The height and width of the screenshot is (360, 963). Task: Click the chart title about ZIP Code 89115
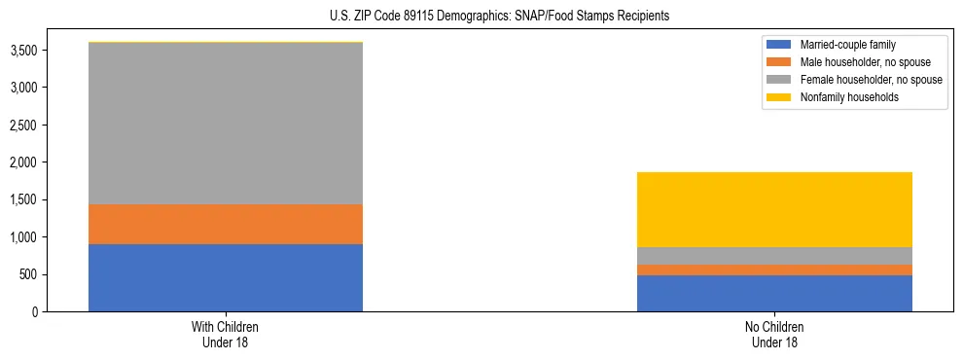click(481, 17)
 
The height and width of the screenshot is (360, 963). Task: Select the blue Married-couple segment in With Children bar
click(226, 277)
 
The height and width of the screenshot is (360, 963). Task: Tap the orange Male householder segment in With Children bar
click(226, 224)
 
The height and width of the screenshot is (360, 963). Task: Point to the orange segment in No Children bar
click(774, 270)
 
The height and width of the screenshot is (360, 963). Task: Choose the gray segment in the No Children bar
click(774, 256)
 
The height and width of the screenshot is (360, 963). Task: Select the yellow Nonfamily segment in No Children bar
click(774, 209)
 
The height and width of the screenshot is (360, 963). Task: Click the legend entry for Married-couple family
click(847, 45)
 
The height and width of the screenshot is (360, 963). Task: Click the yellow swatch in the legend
click(779, 97)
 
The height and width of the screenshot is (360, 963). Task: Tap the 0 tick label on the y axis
click(36, 311)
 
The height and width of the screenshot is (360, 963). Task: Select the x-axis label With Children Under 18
click(226, 335)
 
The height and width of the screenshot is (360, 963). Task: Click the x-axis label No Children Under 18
click(774, 335)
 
